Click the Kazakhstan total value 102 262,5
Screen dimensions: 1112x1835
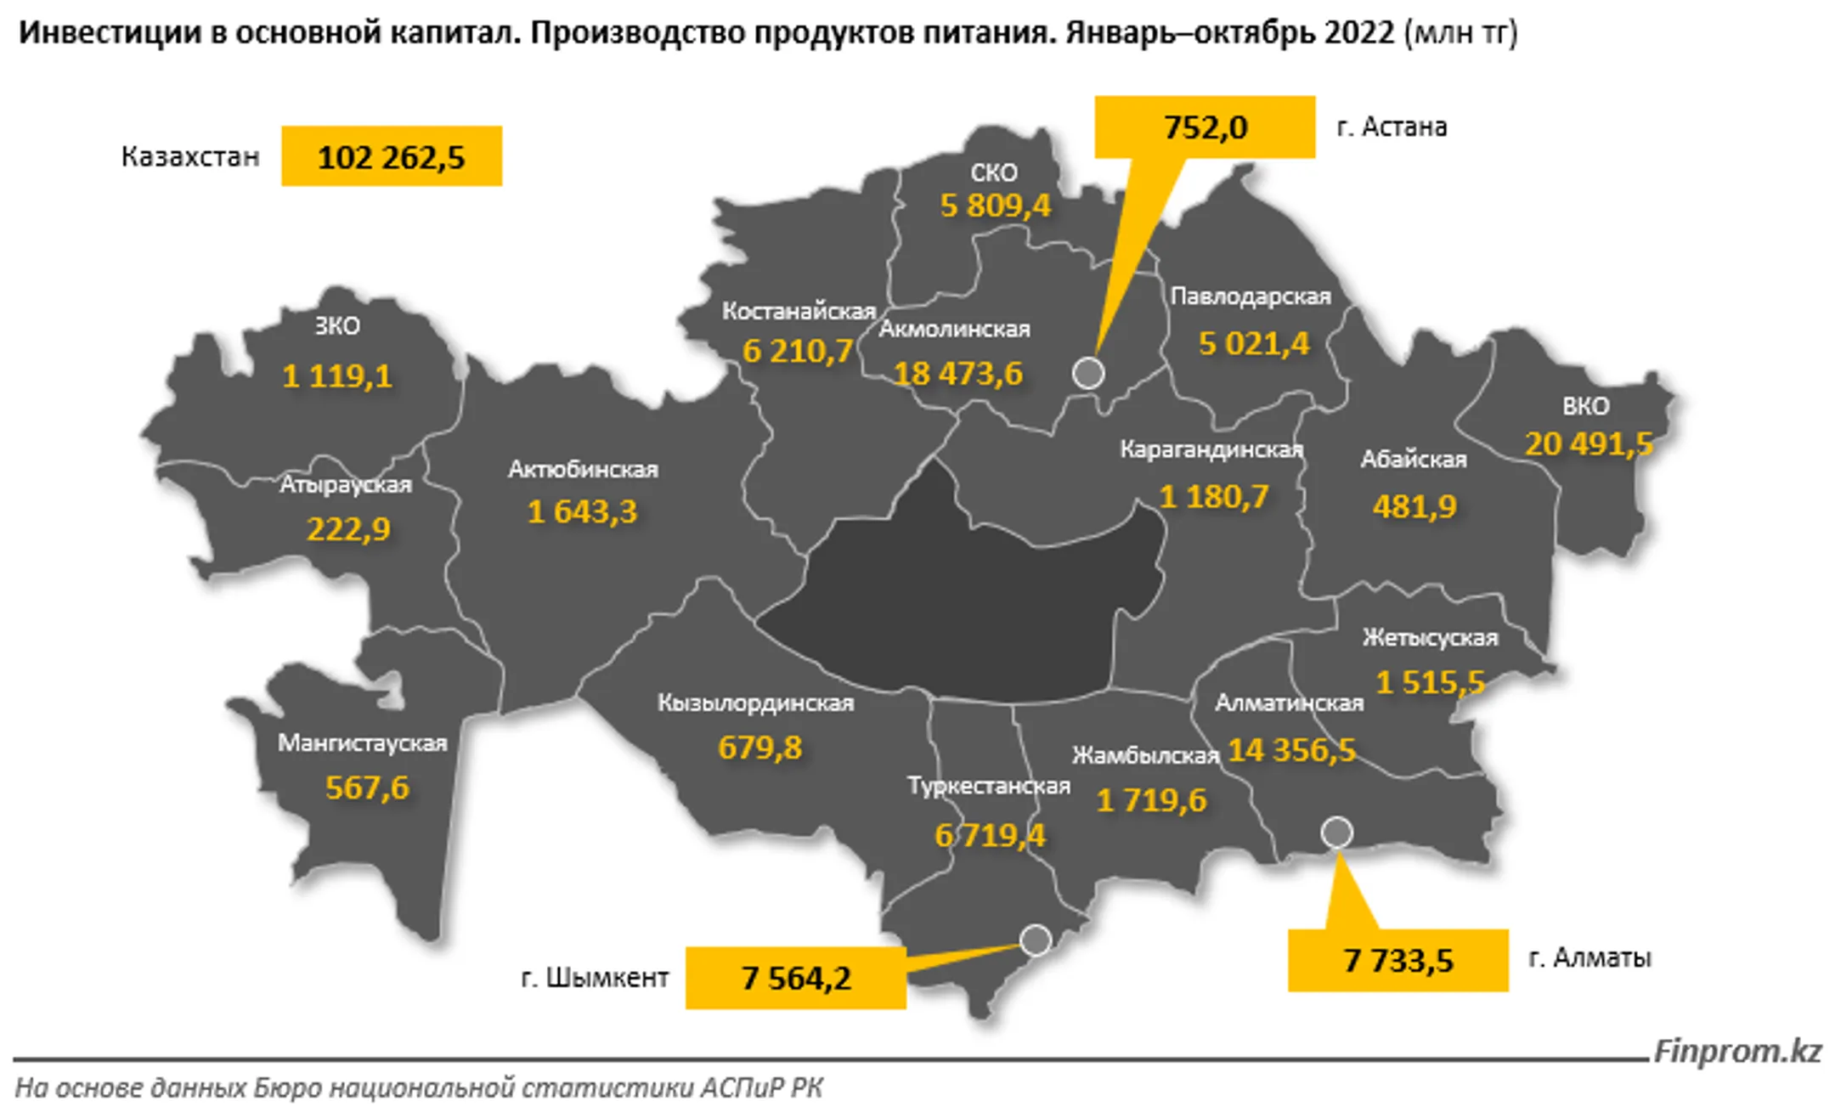tap(391, 157)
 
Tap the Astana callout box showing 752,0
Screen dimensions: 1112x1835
tap(1205, 127)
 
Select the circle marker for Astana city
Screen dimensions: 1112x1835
tap(1088, 373)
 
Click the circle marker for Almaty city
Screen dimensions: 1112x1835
tap(1336, 833)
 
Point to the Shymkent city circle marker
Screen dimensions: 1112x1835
tap(1036, 940)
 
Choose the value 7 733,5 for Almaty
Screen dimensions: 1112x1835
tap(1397, 961)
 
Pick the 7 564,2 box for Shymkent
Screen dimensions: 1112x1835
tap(795, 979)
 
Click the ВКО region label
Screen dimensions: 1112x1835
tap(1585, 406)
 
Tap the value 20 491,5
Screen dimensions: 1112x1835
tap(1588, 444)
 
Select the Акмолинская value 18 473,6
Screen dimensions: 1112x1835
tap(957, 374)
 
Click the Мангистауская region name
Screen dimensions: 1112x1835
tap(362, 743)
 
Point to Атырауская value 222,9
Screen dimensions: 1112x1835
tap(348, 529)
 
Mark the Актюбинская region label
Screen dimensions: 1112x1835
tap(583, 469)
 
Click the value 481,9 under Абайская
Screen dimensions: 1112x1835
tap(1414, 506)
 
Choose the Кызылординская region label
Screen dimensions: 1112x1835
tap(755, 703)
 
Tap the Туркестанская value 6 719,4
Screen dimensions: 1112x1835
tap(990, 836)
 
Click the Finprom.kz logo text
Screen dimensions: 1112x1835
tap(1737, 1052)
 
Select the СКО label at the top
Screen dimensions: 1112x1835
tap(993, 172)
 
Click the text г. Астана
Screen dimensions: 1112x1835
tap(1392, 127)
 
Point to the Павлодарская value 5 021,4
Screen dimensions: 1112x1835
tap(1253, 344)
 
